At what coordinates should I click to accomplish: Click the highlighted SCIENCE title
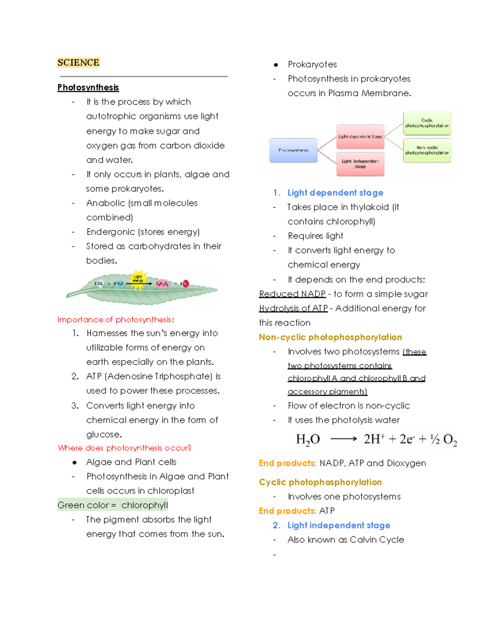tap(78, 62)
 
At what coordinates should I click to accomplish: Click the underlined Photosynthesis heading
tap(88, 87)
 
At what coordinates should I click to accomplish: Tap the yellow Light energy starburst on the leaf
tap(138, 280)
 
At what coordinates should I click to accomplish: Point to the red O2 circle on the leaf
tap(185, 284)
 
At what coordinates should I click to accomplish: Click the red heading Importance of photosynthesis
tap(116, 320)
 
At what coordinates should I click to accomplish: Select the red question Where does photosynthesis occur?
tap(124, 448)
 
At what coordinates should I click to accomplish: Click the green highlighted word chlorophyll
tap(144, 505)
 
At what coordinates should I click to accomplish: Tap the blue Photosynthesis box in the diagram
tap(293, 150)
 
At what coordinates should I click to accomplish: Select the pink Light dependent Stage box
tap(360, 137)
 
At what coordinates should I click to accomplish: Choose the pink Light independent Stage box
tap(360, 164)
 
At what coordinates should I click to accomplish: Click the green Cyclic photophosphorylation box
tap(427, 123)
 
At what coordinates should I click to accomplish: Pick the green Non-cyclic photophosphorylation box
tap(427, 150)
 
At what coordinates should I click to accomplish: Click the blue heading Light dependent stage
tap(335, 193)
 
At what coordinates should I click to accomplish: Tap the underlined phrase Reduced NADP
tap(292, 294)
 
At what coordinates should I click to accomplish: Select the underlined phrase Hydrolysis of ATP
tap(293, 308)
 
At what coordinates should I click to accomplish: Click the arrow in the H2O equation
tap(343, 439)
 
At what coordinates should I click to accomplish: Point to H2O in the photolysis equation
tap(308, 439)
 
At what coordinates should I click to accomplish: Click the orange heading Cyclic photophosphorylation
tap(320, 482)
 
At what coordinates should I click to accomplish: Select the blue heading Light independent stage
tap(339, 525)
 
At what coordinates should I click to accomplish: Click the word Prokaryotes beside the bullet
tap(312, 64)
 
